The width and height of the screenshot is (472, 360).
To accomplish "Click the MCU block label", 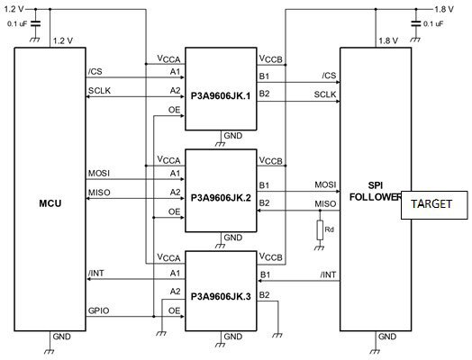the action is tap(50, 203).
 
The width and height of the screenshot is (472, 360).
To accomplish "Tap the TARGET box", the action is tap(434, 205).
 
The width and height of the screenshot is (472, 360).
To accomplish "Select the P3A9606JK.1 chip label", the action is tap(221, 96).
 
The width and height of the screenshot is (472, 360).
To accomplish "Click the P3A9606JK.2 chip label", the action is tap(221, 198).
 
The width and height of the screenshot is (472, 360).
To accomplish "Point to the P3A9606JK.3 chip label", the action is tap(221, 296).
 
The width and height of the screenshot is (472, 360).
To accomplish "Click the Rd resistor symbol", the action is tap(320, 230).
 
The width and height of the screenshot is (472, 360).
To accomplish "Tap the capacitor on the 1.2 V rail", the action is tap(35, 23).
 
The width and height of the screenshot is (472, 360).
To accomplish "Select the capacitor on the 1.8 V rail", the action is tap(416, 23).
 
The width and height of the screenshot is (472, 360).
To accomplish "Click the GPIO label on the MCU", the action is tap(99, 310).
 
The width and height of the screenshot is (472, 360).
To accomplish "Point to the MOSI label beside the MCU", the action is tap(99, 174).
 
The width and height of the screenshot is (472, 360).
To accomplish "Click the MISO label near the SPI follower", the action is tap(325, 204).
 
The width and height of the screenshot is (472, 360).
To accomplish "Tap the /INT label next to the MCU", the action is tap(96, 273).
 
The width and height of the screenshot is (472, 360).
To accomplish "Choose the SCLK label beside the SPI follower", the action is tap(325, 94).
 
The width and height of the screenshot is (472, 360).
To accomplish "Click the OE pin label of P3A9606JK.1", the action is tap(174, 110).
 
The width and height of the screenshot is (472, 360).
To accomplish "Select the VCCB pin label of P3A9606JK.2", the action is tap(271, 160).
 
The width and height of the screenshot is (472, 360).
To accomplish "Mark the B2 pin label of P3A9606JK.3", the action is tap(264, 295).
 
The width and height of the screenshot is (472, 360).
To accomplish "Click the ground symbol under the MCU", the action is tap(49, 351).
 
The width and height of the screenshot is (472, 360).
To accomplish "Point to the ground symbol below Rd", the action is tap(320, 247).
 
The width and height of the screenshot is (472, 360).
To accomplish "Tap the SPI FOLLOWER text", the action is tap(376, 192).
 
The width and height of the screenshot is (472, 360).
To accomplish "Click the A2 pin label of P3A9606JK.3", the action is tap(175, 291).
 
